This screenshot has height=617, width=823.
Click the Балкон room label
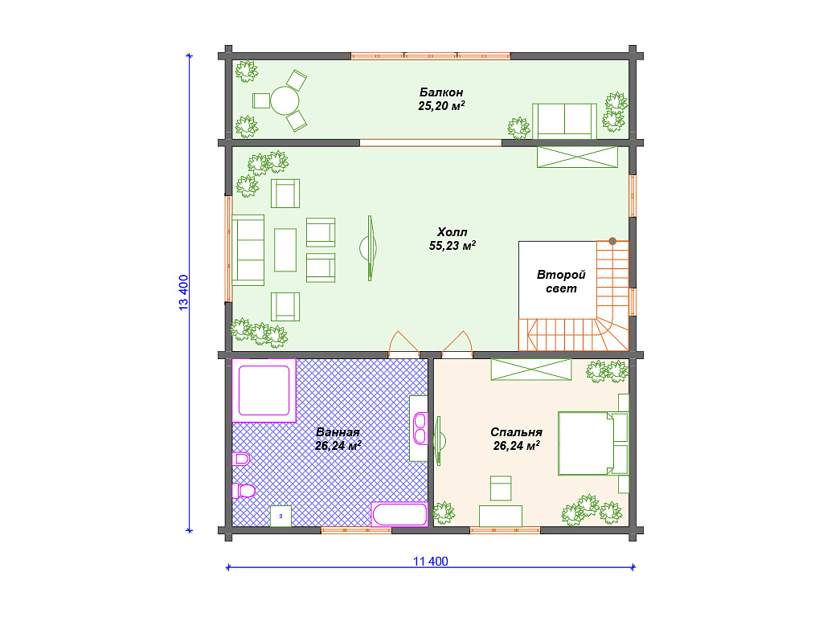point(441,92)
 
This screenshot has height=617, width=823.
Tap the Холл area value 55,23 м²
point(452,246)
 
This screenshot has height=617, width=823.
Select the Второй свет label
point(561,282)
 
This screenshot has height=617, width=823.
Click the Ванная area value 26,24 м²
point(338,446)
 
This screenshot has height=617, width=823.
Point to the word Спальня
point(517,432)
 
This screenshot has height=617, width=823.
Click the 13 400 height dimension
point(183,292)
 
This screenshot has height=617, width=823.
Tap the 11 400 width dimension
point(431,562)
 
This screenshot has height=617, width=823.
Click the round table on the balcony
point(285,100)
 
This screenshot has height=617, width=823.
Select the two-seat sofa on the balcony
point(564,121)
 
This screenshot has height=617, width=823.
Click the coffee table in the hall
point(285,250)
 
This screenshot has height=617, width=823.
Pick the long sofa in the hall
point(248,251)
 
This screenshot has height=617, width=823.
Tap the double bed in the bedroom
point(586,443)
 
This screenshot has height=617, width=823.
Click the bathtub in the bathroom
point(399,514)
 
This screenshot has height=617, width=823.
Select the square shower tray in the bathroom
point(264,390)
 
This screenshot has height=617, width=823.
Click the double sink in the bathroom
point(420,429)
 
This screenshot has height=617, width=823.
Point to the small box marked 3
point(280,517)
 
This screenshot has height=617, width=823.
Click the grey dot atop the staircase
point(612,241)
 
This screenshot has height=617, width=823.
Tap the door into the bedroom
point(457,345)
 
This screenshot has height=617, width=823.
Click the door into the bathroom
point(403,345)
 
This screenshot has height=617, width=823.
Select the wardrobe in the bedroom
point(531,370)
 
